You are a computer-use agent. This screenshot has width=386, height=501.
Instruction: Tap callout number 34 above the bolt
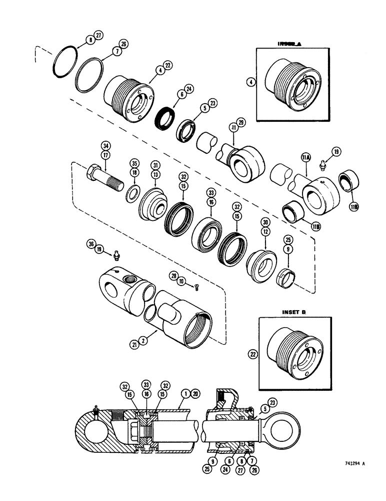pos(105,146)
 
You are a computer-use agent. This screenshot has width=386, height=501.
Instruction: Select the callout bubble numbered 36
pos(90,244)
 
